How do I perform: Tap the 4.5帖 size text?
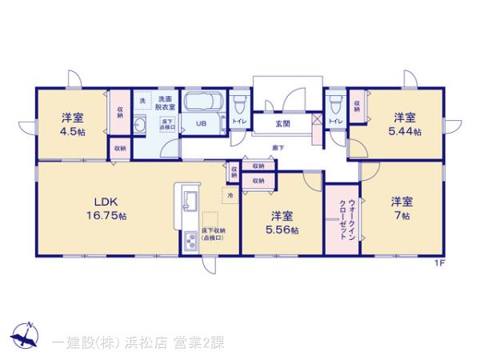(x=73, y=132)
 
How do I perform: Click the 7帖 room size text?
(x=402, y=215)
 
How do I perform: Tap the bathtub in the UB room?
(x=202, y=104)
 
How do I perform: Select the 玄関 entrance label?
(x=283, y=123)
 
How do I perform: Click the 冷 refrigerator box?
(x=229, y=194)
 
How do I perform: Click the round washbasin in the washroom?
(x=139, y=128)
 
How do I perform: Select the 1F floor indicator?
(x=439, y=262)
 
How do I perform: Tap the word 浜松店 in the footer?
(x=147, y=342)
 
